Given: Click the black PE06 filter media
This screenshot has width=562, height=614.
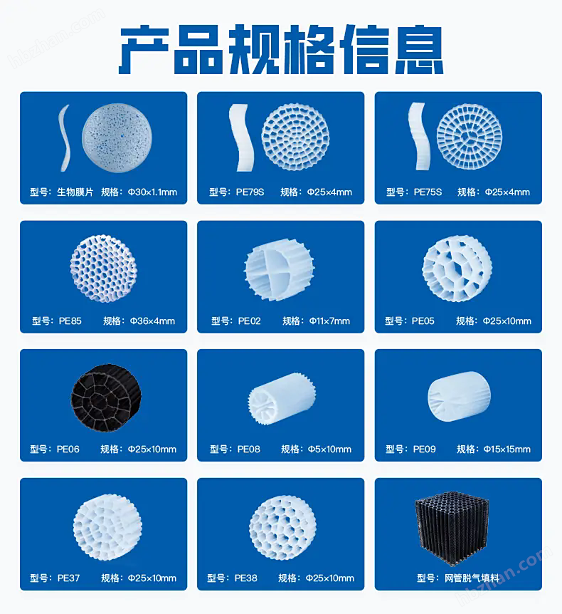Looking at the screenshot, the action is (x=105, y=398).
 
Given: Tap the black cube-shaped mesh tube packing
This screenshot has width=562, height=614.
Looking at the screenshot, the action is (x=452, y=529).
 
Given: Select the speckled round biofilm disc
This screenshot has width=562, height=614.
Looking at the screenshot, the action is (x=117, y=138).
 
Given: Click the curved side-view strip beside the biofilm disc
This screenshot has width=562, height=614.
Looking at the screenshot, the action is (x=65, y=138).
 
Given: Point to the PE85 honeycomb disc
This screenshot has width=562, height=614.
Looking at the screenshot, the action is (x=104, y=269).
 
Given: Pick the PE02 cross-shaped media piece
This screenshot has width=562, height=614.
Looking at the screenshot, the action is (x=280, y=269).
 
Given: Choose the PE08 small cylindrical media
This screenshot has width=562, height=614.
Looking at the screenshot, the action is (x=282, y=399).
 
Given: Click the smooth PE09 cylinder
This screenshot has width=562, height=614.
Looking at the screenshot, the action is (x=459, y=396).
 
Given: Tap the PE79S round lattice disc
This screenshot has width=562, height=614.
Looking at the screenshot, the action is (x=295, y=137).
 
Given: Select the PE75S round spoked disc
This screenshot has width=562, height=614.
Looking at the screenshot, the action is (x=470, y=137).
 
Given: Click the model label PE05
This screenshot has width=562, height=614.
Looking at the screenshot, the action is (x=423, y=321).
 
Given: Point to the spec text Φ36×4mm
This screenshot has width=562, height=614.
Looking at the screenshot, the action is (x=152, y=321).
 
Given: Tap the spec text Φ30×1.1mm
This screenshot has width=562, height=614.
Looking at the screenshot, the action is (x=152, y=192).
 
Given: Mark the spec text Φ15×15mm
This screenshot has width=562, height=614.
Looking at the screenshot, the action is (x=507, y=449).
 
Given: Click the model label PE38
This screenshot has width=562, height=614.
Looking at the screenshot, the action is (x=246, y=578).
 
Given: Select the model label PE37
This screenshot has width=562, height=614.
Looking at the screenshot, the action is (x=68, y=578).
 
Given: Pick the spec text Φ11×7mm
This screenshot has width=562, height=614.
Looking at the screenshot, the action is (x=329, y=321).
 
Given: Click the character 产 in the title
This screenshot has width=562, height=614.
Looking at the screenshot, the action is (x=144, y=49).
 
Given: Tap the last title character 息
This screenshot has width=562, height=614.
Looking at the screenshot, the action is (x=419, y=49).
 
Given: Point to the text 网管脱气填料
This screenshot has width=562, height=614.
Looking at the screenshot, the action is (x=472, y=578).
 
